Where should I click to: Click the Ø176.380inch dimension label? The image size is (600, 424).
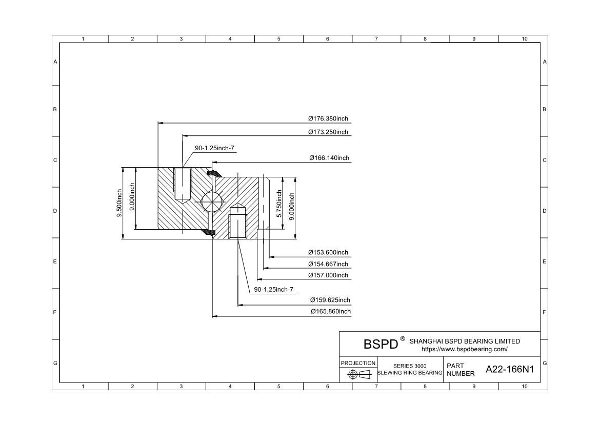328,118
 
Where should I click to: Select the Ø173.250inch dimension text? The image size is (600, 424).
328,132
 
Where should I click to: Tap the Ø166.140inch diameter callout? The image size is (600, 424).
329,158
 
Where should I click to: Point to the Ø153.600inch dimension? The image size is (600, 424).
328,252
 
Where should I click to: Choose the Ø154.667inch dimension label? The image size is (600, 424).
328,264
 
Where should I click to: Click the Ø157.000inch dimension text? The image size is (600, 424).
328,275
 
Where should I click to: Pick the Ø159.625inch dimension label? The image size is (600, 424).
330,300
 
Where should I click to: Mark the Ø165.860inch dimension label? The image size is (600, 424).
330,312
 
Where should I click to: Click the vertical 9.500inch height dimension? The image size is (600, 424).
119,203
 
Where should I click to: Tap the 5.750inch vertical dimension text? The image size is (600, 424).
279,203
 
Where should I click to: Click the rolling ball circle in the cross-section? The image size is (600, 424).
212,201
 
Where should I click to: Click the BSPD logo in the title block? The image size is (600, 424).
381,344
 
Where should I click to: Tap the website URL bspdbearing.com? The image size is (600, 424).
464,349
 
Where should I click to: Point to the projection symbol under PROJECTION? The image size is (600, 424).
358,374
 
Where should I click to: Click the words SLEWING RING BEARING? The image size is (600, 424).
410,373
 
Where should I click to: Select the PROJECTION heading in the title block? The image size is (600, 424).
358,363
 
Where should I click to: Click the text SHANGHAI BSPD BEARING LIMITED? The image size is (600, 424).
465,341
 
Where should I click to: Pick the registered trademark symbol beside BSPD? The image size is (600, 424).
403,339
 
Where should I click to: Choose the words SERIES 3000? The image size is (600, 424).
410,366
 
